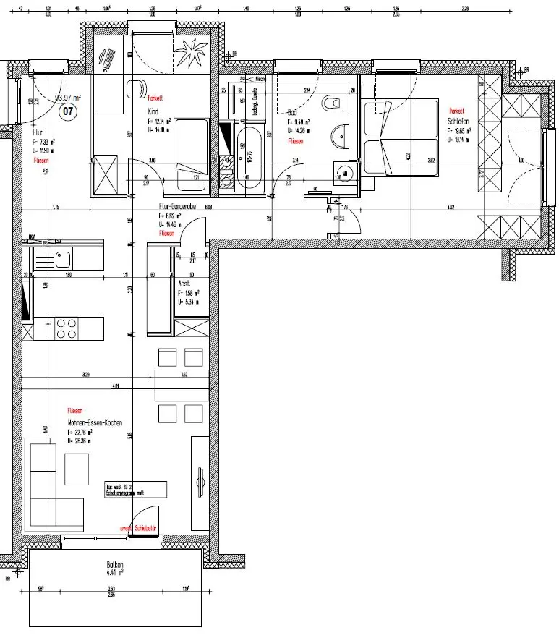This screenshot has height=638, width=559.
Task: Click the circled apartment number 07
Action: click(x=68, y=111)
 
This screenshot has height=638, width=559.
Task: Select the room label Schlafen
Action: click(x=459, y=122)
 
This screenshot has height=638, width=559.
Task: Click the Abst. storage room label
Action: click(x=185, y=284)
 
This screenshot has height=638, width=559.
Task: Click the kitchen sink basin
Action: click(x=61, y=258)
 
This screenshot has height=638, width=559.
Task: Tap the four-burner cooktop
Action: click(x=67, y=328)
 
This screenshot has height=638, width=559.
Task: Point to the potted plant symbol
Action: click(x=195, y=52)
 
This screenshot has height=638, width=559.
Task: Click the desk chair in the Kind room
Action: click(x=135, y=90)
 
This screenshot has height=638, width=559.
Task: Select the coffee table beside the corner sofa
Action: click(x=77, y=468)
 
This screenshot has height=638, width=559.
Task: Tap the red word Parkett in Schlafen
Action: click(x=456, y=111)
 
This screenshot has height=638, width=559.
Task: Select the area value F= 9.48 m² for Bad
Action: click(x=299, y=122)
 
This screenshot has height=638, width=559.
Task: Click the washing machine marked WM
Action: click(x=346, y=174)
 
